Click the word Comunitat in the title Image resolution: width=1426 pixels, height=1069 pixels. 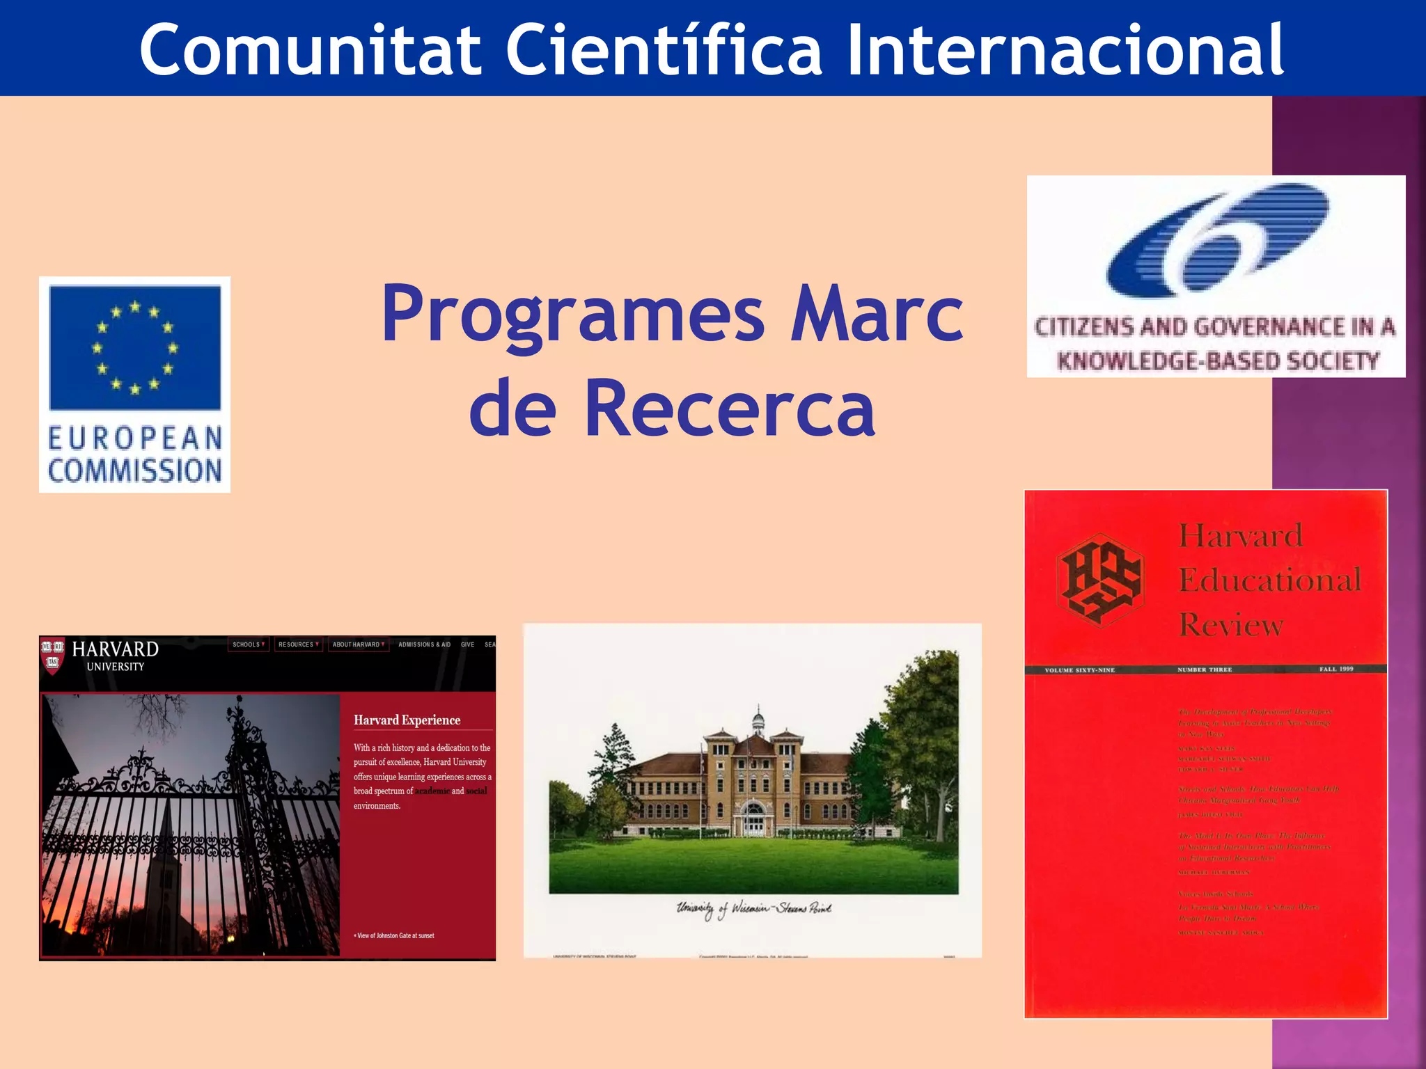[311, 50]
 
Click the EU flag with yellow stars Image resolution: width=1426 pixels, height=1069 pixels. [135, 347]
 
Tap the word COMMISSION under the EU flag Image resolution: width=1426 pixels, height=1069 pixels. [135, 471]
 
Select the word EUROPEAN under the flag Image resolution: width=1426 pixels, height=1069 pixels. [135, 438]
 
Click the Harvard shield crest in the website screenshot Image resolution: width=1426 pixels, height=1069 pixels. [52, 654]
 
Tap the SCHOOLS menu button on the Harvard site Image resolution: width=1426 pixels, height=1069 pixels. [248, 644]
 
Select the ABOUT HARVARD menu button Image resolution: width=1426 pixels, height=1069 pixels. [359, 644]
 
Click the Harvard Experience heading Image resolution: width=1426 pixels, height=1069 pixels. [407, 720]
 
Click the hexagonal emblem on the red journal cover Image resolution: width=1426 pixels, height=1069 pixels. [1099, 579]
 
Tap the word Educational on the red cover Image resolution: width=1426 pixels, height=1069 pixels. [1269, 580]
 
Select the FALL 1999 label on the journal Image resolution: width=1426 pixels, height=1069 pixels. [1335, 669]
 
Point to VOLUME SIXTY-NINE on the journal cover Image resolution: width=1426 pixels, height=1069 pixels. [1079, 670]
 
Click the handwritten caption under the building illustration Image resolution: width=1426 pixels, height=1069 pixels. [753, 909]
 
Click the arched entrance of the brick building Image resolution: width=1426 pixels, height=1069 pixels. [753, 818]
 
